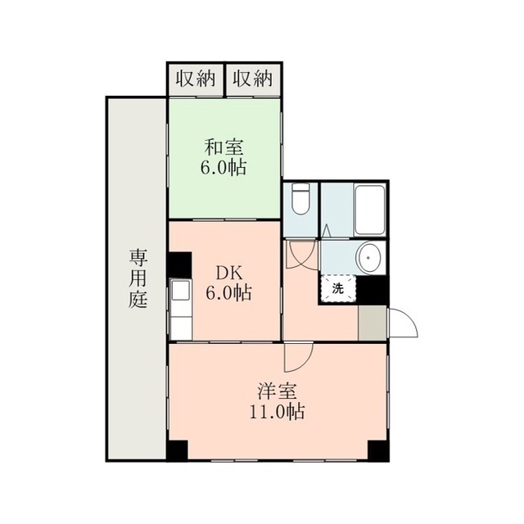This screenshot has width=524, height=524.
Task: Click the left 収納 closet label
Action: (196, 79)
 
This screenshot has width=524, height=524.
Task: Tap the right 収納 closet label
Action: (252, 79)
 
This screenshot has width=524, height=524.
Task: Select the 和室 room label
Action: (224, 147)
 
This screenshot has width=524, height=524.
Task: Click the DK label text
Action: (228, 274)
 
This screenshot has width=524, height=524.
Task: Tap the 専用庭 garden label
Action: (138, 279)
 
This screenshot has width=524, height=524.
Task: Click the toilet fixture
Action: (300, 199)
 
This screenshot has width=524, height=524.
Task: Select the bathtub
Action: (369, 210)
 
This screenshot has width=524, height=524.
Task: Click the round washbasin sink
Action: (369, 258)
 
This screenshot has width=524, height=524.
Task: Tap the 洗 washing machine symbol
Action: (338, 288)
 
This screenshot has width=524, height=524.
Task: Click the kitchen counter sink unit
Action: (181, 309)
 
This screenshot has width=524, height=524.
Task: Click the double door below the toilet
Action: (302, 255)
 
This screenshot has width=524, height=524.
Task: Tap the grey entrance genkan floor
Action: (372, 323)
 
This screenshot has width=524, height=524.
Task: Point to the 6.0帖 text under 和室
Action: (224, 167)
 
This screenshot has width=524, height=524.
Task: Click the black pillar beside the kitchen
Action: (179, 264)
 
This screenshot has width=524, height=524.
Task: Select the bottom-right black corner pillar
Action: (378, 451)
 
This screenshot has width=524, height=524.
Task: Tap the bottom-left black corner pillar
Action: (177, 451)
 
